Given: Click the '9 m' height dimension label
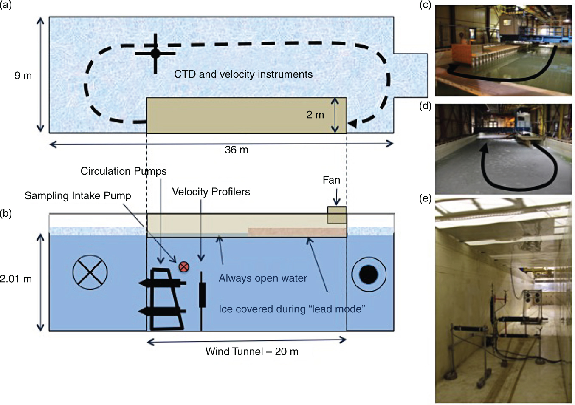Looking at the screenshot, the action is (x=23, y=76).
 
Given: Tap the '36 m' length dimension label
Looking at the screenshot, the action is (x=237, y=150).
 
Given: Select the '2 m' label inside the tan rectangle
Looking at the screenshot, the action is (x=315, y=115).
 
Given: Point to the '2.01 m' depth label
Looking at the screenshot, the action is (x=16, y=279).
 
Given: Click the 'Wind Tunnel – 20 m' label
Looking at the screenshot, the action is (x=252, y=351).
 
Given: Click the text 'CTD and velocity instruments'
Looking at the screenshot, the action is (x=243, y=74).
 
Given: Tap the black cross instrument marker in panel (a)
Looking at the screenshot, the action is (x=155, y=54).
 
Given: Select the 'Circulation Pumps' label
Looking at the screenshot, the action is (x=124, y=171).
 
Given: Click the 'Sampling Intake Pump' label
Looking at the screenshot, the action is (x=78, y=195).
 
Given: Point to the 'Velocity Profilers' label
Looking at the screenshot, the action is (x=211, y=192).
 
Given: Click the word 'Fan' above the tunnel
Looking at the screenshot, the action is (x=331, y=180).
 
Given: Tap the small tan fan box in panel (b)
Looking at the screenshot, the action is (x=337, y=215).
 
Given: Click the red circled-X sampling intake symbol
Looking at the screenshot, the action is (x=184, y=267).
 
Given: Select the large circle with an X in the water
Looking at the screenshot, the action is (x=90, y=272).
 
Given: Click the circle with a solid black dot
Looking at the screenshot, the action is (x=369, y=275).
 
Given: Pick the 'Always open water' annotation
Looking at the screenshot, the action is (x=263, y=278).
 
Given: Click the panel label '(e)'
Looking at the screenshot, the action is (x=426, y=198).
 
